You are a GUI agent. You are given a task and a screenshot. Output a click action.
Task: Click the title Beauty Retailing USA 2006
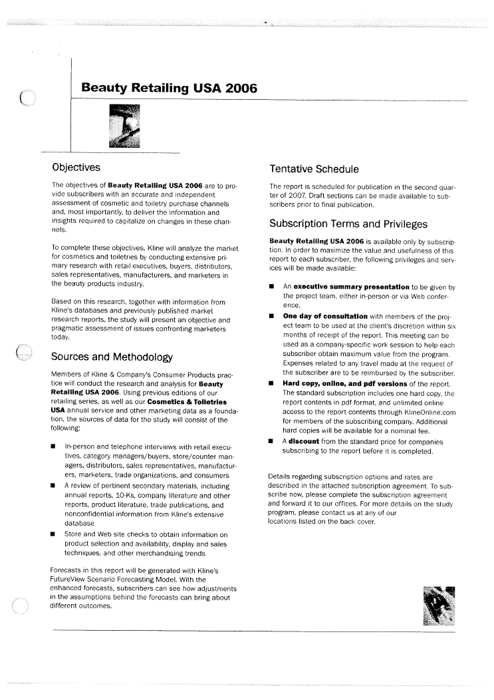[x=169, y=88]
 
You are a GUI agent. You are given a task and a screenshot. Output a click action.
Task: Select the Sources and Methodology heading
[x=112, y=357]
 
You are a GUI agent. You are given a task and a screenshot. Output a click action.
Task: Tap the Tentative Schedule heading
[x=314, y=169]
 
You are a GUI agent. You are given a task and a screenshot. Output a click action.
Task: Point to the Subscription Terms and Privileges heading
[x=348, y=224]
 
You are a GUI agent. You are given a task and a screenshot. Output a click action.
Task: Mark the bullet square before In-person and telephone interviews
[x=54, y=446]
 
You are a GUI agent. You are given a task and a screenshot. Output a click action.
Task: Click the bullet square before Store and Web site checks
[x=54, y=534]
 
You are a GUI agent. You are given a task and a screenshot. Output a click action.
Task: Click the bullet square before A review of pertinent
[x=54, y=486]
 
